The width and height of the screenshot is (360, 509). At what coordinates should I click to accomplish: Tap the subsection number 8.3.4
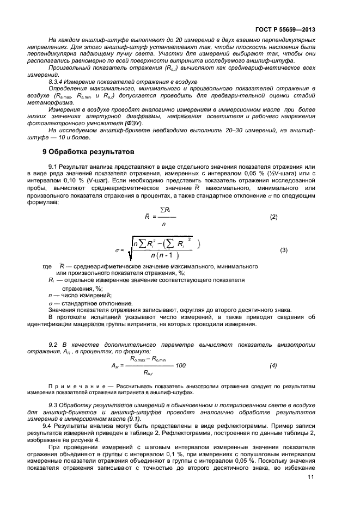(x=58, y=81)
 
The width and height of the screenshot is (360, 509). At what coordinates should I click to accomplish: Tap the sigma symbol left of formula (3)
(x=117, y=250)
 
